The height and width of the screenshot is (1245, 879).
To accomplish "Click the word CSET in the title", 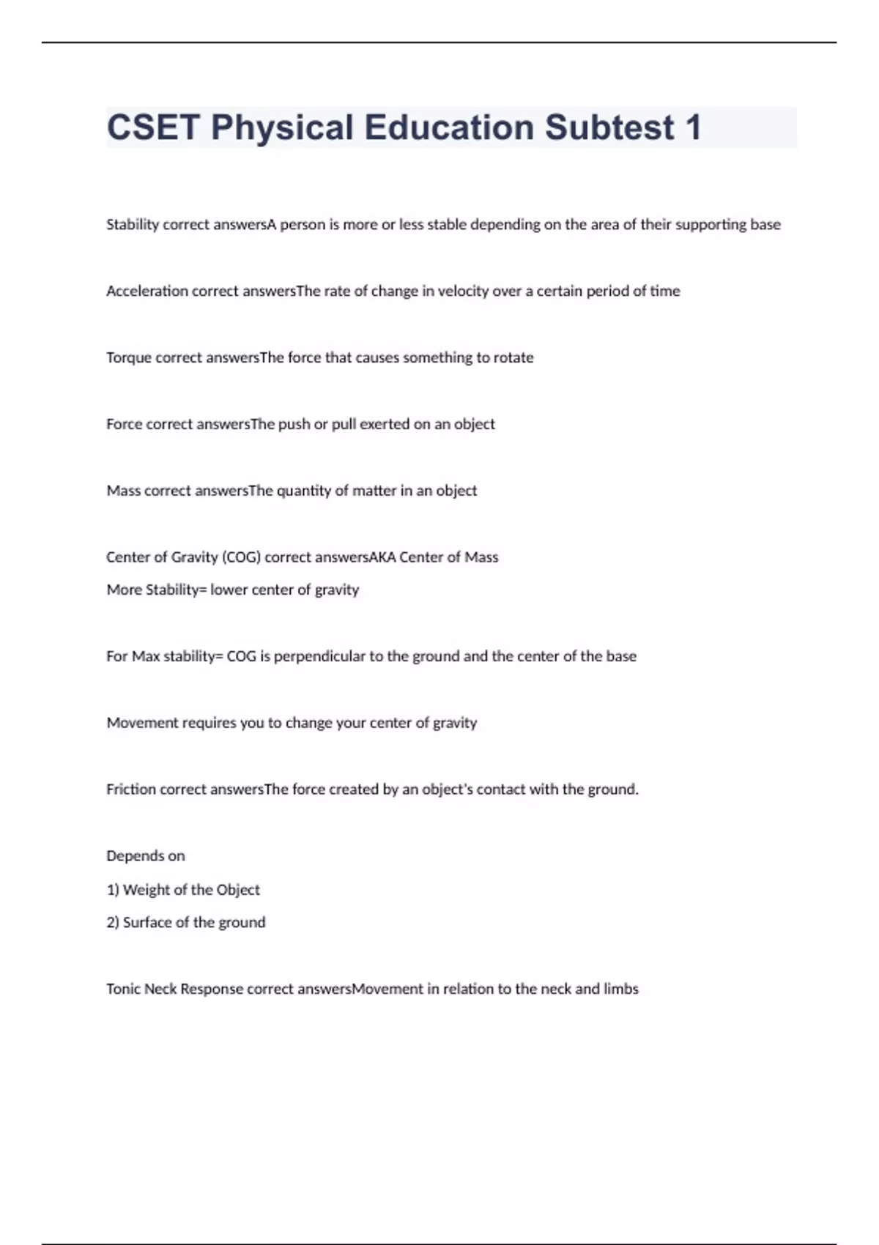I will coord(153,127).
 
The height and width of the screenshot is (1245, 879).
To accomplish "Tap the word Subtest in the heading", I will coord(609,127).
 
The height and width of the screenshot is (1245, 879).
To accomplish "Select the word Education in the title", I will coord(449,127).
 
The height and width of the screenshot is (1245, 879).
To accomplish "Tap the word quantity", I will coord(304,491).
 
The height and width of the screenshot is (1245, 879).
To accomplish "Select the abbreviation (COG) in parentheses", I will coord(241,557).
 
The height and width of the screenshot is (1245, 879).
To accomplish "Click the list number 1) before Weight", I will coord(113,890).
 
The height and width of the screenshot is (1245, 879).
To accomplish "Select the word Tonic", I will coord(123,989).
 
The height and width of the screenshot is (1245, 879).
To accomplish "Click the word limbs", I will coord(620,989).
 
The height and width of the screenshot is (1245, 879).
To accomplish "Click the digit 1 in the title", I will coord(692,127).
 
